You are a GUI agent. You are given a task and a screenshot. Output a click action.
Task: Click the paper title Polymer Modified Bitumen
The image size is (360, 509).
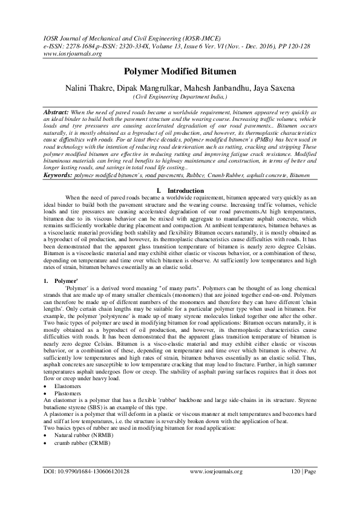click(x=180, y=71)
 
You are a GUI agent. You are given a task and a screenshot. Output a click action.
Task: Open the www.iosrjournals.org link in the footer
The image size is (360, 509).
click(x=216, y=487)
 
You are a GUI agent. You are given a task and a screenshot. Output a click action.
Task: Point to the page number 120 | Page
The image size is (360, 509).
click(x=301, y=487)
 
